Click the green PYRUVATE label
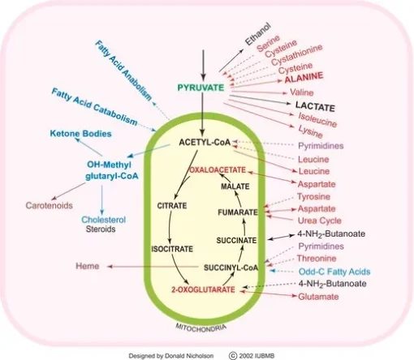tap(201, 88)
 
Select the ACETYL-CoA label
tap(205, 142)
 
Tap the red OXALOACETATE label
tap(218, 170)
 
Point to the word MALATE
tap(235, 186)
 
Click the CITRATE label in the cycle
tap(172, 206)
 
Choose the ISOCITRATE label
tap(172, 249)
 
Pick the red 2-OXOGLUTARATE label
tap(203, 289)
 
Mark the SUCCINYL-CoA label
tap(231, 268)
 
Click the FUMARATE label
tap(238, 212)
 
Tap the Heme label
tap(88, 266)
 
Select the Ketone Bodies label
tap(81, 134)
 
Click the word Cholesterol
tap(104, 220)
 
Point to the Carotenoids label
tap(50, 205)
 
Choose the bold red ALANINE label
tap(304, 77)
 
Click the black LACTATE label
tap(315, 106)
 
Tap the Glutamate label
tap(318, 297)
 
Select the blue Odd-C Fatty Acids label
tap(334, 272)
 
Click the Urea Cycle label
tap(320, 221)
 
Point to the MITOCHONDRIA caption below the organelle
tap(201, 327)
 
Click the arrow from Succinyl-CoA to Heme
tap(153, 267)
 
